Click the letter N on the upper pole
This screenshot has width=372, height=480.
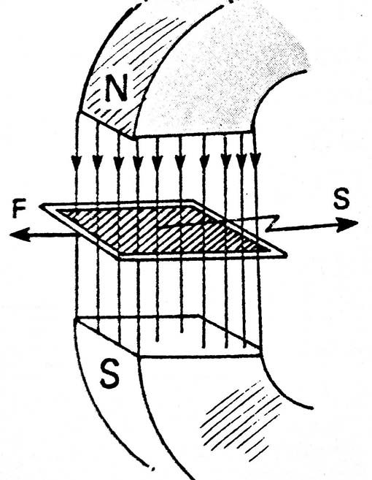click(x=116, y=88)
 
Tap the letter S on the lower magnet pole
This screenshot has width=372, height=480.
click(x=110, y=376)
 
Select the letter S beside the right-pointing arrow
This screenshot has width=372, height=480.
click(x=341, y=199)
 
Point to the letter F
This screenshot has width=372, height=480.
click(x=19, y=210)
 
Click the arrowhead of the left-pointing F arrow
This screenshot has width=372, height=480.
click(x=20, y=235)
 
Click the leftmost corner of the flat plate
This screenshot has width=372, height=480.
click(x=40, y=206)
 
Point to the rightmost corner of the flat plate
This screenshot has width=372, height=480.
click(x=287, y=255)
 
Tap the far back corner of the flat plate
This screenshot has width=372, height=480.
click(x=193, y=200)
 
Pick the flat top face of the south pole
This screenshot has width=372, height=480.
click(x=168, y=335)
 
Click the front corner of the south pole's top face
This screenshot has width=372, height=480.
click(x=138, y=356)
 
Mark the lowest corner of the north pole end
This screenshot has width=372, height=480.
click(x=133, y=137)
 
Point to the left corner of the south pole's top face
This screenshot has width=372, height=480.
click(x=76, y=320)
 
